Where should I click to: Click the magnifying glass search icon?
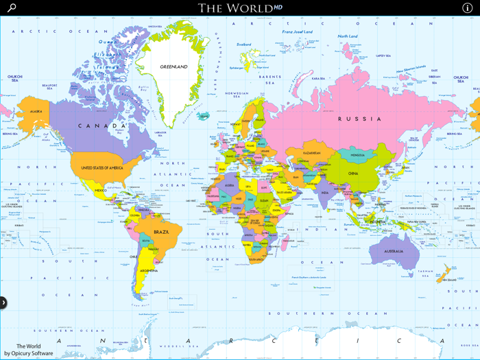tap(12, 8)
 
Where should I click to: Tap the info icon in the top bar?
tap(468, 8)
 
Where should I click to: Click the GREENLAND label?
tap(173, 67)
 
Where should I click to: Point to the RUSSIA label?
tap(359, 119)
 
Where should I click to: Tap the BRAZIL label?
tap(162, 232)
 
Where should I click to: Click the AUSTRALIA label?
tap(394, 252)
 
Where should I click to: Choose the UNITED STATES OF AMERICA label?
tap(101, 168)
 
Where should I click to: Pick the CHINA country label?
tap(353, 173)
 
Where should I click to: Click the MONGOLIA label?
tap(357, 155)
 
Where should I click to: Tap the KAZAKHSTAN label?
tap(312, 153)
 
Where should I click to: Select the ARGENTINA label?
tap(149, 272)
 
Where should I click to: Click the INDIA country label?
tap(324, 193)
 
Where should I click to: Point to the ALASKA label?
tap(36, 111)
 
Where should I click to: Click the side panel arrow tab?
tap(3, 302)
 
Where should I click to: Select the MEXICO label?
tap(101, 190)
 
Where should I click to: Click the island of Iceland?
tap(204, 116)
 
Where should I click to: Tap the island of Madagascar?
tap(286, 241)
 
